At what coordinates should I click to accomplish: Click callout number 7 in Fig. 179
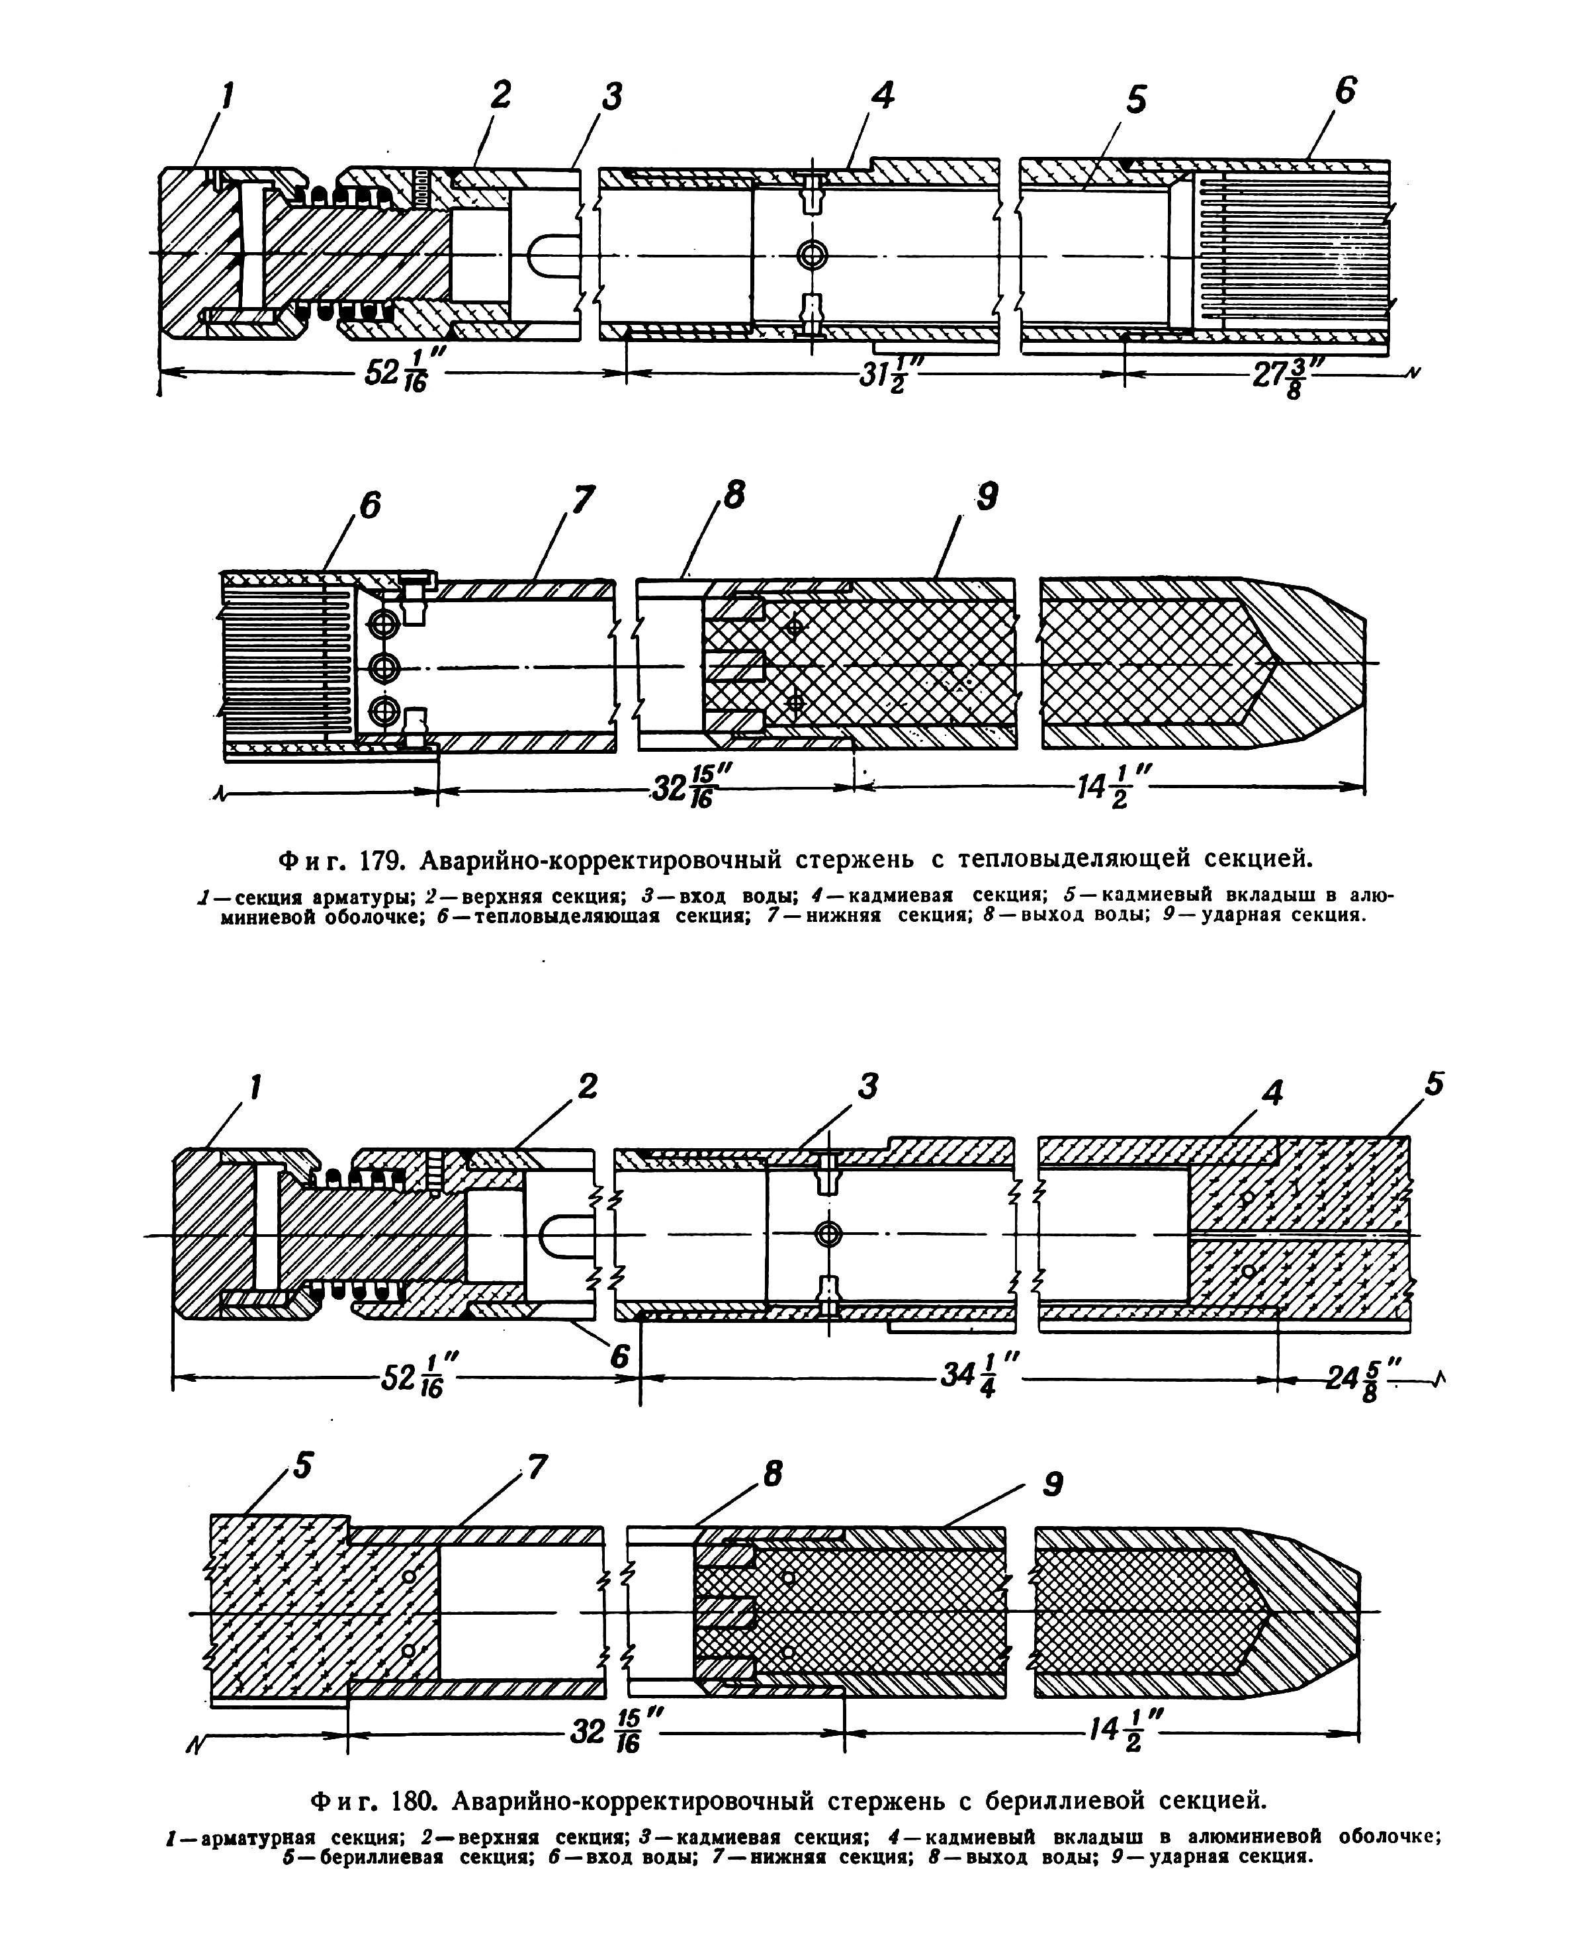583,500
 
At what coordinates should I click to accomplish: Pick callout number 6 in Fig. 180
620,1355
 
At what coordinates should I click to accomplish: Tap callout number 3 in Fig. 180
867,1086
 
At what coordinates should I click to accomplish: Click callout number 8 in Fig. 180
773,1474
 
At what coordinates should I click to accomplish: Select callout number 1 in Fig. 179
226,95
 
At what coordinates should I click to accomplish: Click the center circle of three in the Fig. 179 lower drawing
383,668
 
